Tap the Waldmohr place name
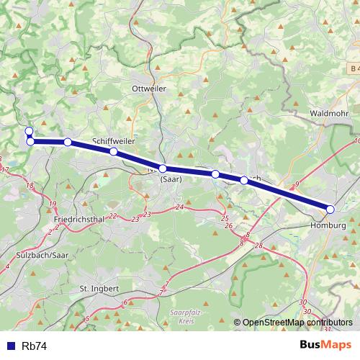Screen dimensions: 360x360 tap(329, 114)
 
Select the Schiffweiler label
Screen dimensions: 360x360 tap(114, 141)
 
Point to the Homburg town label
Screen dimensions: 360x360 tap(328, 225)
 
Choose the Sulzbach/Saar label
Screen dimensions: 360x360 tap(42, 255)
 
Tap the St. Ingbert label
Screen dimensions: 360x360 tap(99, 288)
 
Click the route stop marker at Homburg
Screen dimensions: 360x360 tap(330, 210)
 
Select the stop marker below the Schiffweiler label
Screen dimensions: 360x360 tap(113, 152)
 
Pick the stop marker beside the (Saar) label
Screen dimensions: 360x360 tap(163, 168)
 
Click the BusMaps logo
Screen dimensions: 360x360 tap(325, 346)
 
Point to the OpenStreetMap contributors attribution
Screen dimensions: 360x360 tap(297, 323)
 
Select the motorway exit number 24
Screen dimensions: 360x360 tap(179, 207)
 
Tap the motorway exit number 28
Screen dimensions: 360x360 tap(258, 246)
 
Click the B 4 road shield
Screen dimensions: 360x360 tap(351, 68)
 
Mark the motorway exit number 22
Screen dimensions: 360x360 tap(112, 216)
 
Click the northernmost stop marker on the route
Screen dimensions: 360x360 tap(29, 131)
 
